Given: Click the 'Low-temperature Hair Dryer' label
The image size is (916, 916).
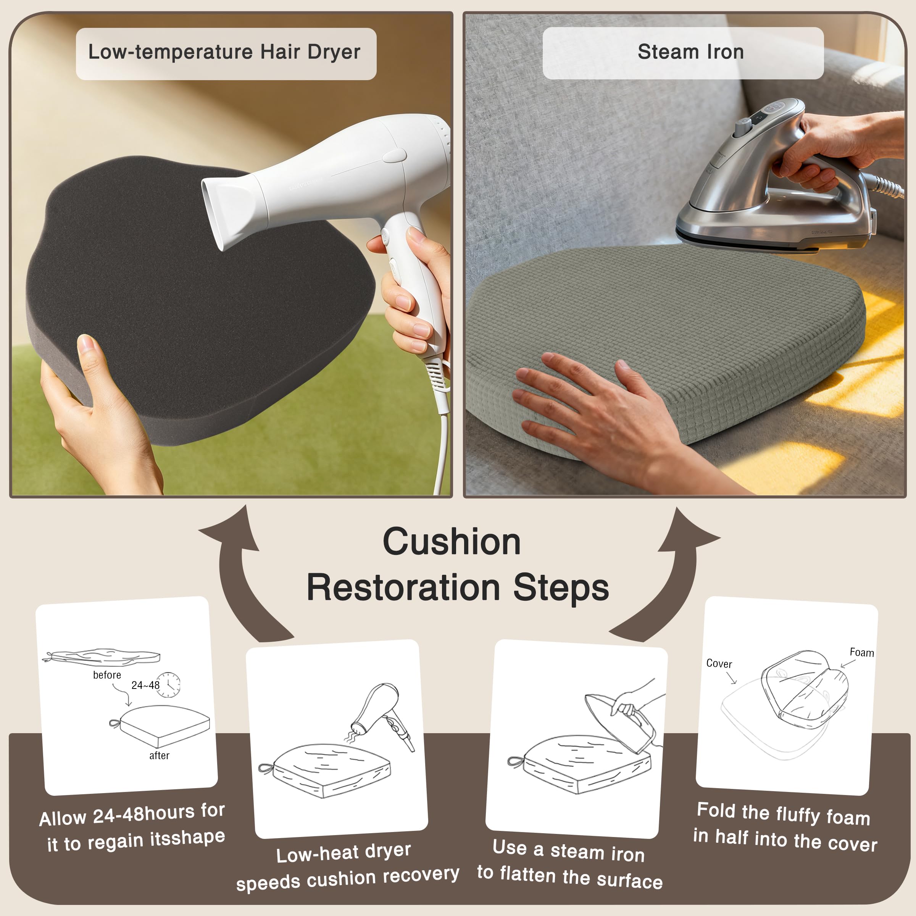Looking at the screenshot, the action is tap(224, 52).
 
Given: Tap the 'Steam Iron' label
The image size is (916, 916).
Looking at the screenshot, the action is tap(690, 51).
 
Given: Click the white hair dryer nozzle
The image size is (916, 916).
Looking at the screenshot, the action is tap(227, 209).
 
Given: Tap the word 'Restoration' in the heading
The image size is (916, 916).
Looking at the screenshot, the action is tap(403, 587).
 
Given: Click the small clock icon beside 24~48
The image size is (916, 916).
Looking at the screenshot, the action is tap(168, 685).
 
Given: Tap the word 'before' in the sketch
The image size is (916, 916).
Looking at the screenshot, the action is tap(107, 675).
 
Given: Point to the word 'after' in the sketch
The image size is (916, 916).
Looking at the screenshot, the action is tap(159, 755).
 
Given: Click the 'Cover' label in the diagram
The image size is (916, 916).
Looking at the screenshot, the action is tap(719, 663).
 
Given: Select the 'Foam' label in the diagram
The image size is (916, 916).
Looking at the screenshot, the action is tap(861, 652).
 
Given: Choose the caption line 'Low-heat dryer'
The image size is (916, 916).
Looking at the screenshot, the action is tap(343, 853).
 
